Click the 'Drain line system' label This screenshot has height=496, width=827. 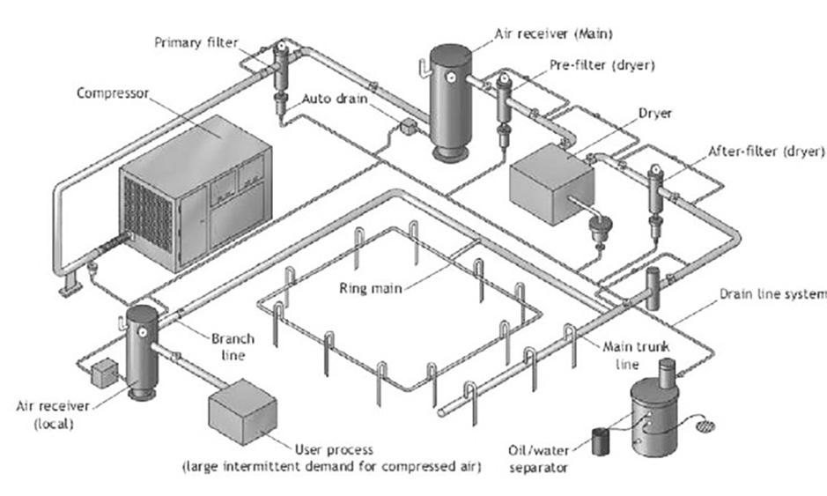pos(772,293)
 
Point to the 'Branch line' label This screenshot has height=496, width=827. pos(233,346)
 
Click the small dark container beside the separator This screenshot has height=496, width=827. pos(602,440)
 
